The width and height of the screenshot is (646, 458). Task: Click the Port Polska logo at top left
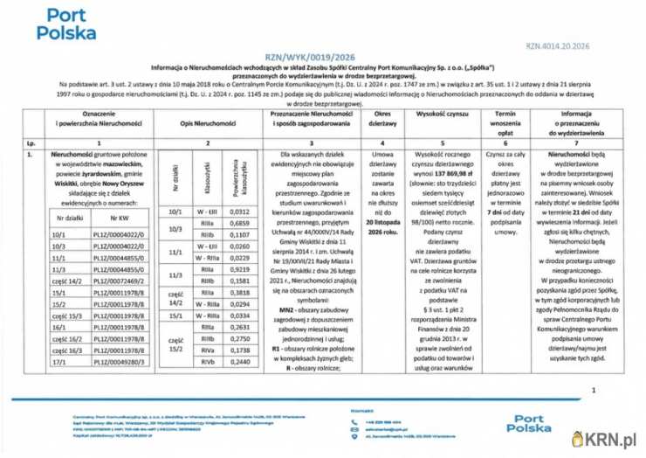[x=66, y=25]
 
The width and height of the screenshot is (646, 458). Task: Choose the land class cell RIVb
[x=207, y=362]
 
